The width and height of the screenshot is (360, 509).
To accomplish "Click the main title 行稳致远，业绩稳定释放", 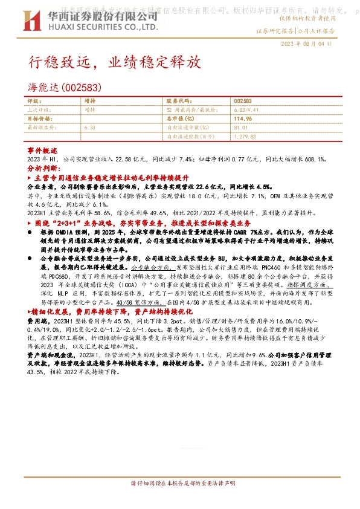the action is [x=112, y=62].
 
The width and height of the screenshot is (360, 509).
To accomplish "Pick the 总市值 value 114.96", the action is [x=242, y=118].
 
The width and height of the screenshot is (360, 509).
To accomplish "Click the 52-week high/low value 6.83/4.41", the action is [x=244, y=110].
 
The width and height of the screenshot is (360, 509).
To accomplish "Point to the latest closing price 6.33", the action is [x=91, y=128].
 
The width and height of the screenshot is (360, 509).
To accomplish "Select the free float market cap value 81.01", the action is [x=240, y=128].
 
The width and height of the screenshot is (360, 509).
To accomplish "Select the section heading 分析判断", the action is [x=43, y=167].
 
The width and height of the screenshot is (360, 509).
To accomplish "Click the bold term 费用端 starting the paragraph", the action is [x=35, y=322].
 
